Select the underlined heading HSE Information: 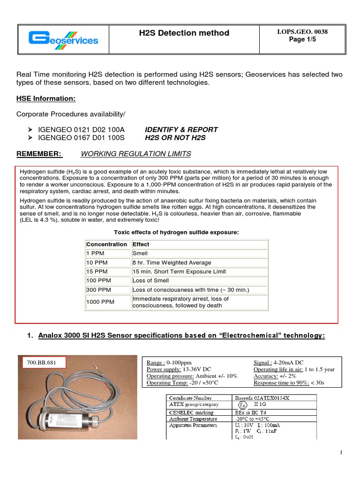46,99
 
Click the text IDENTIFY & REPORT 181,129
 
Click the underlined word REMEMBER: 39,154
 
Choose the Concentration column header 106,244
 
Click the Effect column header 141,244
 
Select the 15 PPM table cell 97,271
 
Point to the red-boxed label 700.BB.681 43,363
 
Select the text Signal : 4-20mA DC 278,362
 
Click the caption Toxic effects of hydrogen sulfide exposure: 177,232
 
